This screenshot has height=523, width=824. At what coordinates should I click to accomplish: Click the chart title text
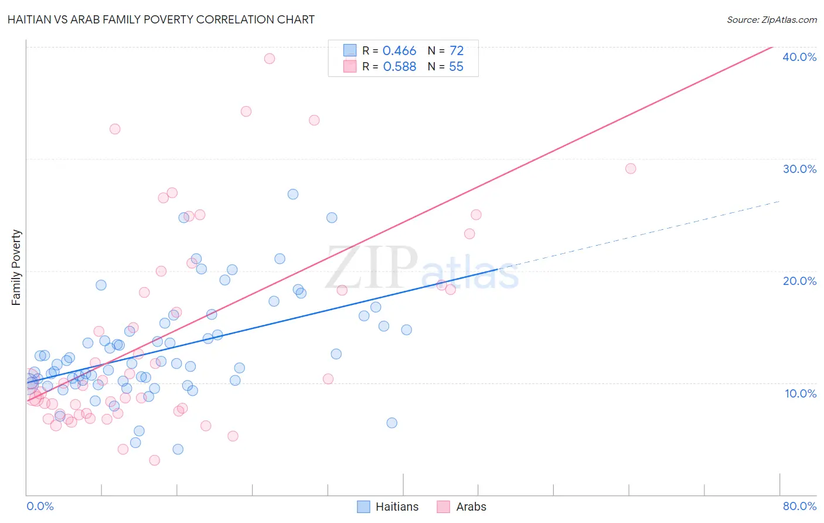click(161, 19)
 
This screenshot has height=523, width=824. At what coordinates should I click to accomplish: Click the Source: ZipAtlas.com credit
click(771, 19)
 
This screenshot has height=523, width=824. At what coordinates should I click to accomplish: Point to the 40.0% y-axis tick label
click(799, 57)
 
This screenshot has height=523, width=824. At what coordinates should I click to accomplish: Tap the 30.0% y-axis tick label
click(799, 169)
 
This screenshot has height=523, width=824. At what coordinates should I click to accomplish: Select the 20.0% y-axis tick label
click(799, 281)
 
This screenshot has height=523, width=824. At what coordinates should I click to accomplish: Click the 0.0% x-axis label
click(40, 506)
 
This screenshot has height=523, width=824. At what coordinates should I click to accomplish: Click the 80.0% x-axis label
click(799, 506)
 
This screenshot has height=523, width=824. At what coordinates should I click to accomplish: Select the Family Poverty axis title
click(16, 267)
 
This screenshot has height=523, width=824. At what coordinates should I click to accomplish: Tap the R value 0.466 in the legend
click(399, 51)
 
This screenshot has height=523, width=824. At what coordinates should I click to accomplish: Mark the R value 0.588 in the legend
click(399, 67)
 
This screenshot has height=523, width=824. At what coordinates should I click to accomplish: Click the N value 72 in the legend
click(456, 51)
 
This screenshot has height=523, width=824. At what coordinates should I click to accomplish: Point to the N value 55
click(456, 67)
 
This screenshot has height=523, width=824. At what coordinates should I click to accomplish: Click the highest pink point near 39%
click(270, 59)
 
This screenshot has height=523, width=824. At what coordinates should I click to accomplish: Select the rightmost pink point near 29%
click(631, 169)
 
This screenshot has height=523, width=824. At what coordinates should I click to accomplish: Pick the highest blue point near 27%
click(293, 194)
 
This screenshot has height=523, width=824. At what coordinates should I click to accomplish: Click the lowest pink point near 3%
click(155, 460)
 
